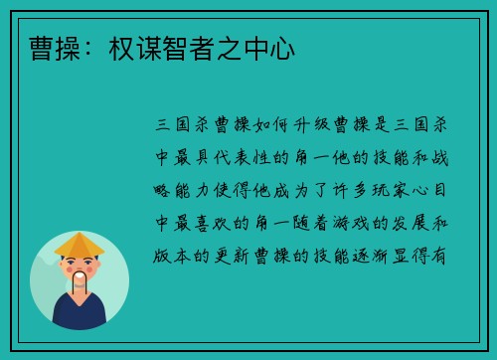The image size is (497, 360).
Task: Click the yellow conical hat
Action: tap(80, 245)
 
